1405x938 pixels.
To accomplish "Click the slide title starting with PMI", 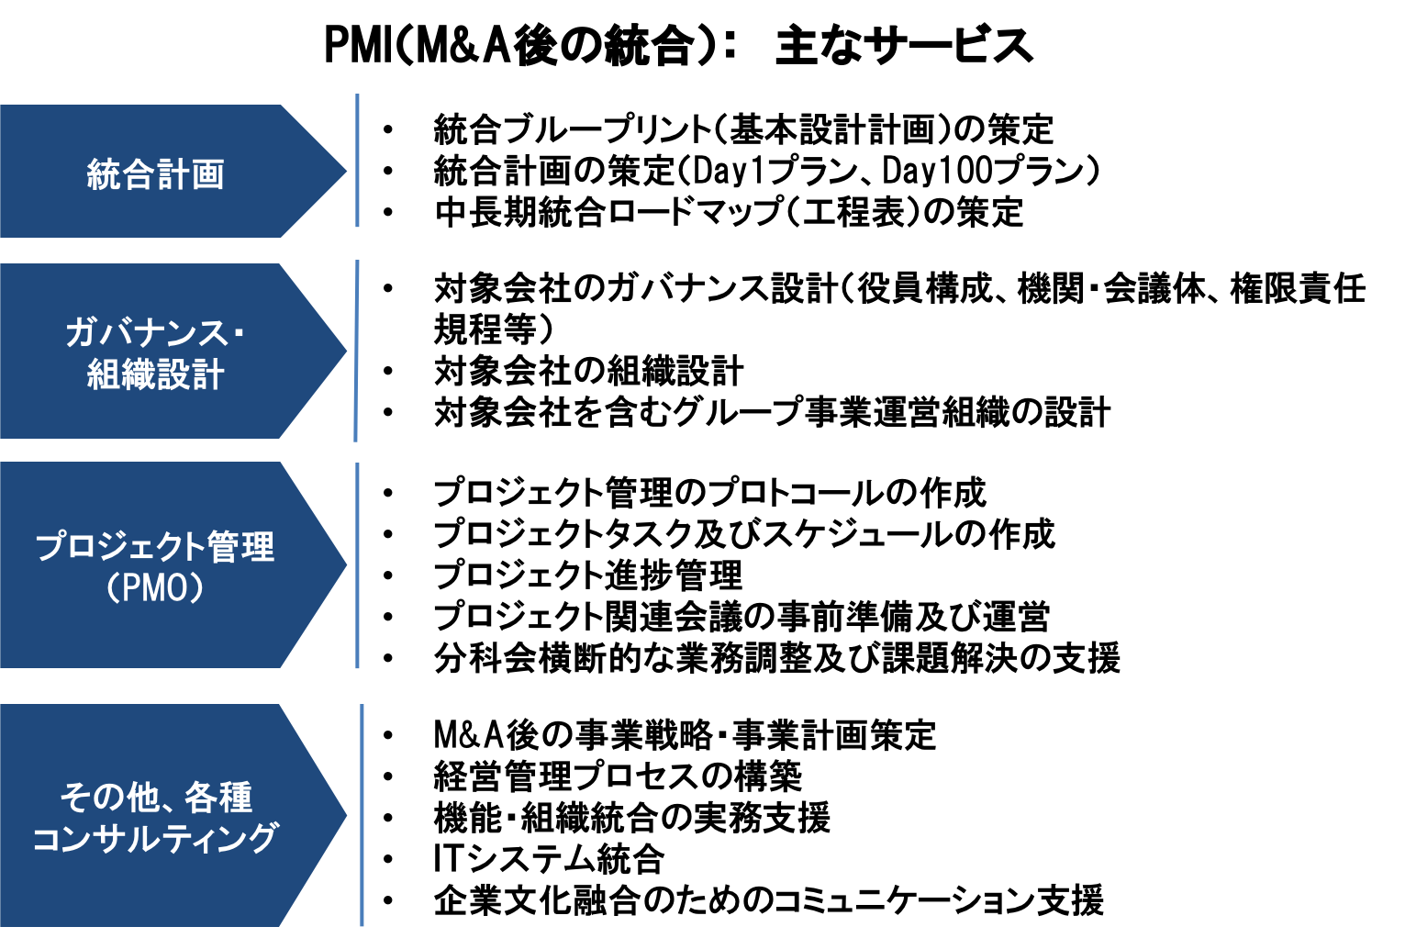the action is coord(679,46).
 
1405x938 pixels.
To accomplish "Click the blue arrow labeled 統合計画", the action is coord(173,171).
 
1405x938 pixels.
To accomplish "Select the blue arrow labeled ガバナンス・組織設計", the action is coord(173,351).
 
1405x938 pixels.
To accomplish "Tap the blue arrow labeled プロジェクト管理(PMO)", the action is coord(173,564).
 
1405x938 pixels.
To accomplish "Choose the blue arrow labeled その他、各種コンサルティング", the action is coord(173,815).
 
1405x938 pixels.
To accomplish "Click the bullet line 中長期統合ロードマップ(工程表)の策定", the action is coord(729,212).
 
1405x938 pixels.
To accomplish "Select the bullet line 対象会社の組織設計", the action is coord(589,371).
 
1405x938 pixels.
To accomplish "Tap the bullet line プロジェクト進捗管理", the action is coord(588,575).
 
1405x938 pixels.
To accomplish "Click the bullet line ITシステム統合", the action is coord(549,858).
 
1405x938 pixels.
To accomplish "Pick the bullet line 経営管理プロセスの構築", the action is coord(618,776).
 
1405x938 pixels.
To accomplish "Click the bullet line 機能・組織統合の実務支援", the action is coord(632,817).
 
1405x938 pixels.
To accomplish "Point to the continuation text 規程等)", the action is coord(494,329).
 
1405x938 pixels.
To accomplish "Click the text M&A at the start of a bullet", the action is coord(469,735).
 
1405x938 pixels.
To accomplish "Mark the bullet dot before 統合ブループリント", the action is coord(387,130).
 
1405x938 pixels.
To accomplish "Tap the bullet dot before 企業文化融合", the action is coord(387,900).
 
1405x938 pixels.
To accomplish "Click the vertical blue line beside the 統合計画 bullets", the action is coord(357,160).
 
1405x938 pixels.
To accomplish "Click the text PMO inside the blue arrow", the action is coord(155,588).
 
